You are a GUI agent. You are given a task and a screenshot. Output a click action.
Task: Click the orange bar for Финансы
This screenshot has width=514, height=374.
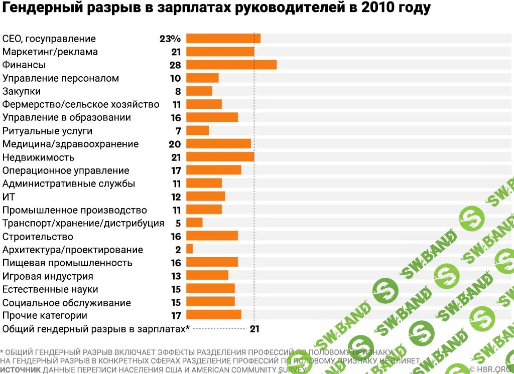tap(231, 65)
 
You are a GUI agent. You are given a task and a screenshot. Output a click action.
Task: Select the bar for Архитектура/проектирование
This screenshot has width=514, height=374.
tap(189, 249)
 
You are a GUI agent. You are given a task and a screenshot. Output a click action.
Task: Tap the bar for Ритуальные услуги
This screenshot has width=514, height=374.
tap(197, 131)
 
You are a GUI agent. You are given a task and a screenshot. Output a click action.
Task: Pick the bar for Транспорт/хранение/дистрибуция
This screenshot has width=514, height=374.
tap(194, 223)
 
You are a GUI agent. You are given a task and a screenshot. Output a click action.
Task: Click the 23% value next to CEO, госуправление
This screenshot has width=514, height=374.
tap(170, 39)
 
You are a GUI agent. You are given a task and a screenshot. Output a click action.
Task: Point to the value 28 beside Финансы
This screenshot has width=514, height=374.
tap(175, 65)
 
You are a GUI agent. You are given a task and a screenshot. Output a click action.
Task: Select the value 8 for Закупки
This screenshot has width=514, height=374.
tap(177, 91)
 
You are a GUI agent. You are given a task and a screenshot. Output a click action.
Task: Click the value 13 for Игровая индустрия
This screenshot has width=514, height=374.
tap(175, 276)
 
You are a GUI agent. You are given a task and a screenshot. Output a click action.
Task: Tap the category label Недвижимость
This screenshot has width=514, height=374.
tap(38, 157)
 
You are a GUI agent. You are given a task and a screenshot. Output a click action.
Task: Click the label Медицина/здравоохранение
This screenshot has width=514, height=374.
tap(70, 144)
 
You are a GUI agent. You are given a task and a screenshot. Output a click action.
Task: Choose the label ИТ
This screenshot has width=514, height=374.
tap(9, 197)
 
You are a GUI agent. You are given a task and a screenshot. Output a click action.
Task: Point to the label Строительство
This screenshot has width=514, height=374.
tap(38, 237)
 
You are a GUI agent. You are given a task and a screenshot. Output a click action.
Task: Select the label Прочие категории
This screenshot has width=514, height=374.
tap(45, 315)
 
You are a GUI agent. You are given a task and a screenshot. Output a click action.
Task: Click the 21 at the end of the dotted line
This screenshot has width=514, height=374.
tap(254, 329)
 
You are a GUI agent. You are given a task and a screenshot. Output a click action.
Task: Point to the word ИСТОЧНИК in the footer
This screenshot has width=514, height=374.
tap(21, 369)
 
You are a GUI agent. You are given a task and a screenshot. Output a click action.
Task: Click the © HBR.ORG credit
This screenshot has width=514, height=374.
tap(491, 369)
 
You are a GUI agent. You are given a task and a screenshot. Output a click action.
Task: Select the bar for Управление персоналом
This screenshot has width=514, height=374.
tap(202, 78)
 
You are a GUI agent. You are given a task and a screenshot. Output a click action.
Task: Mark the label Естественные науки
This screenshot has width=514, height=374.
tap(50, 289)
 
